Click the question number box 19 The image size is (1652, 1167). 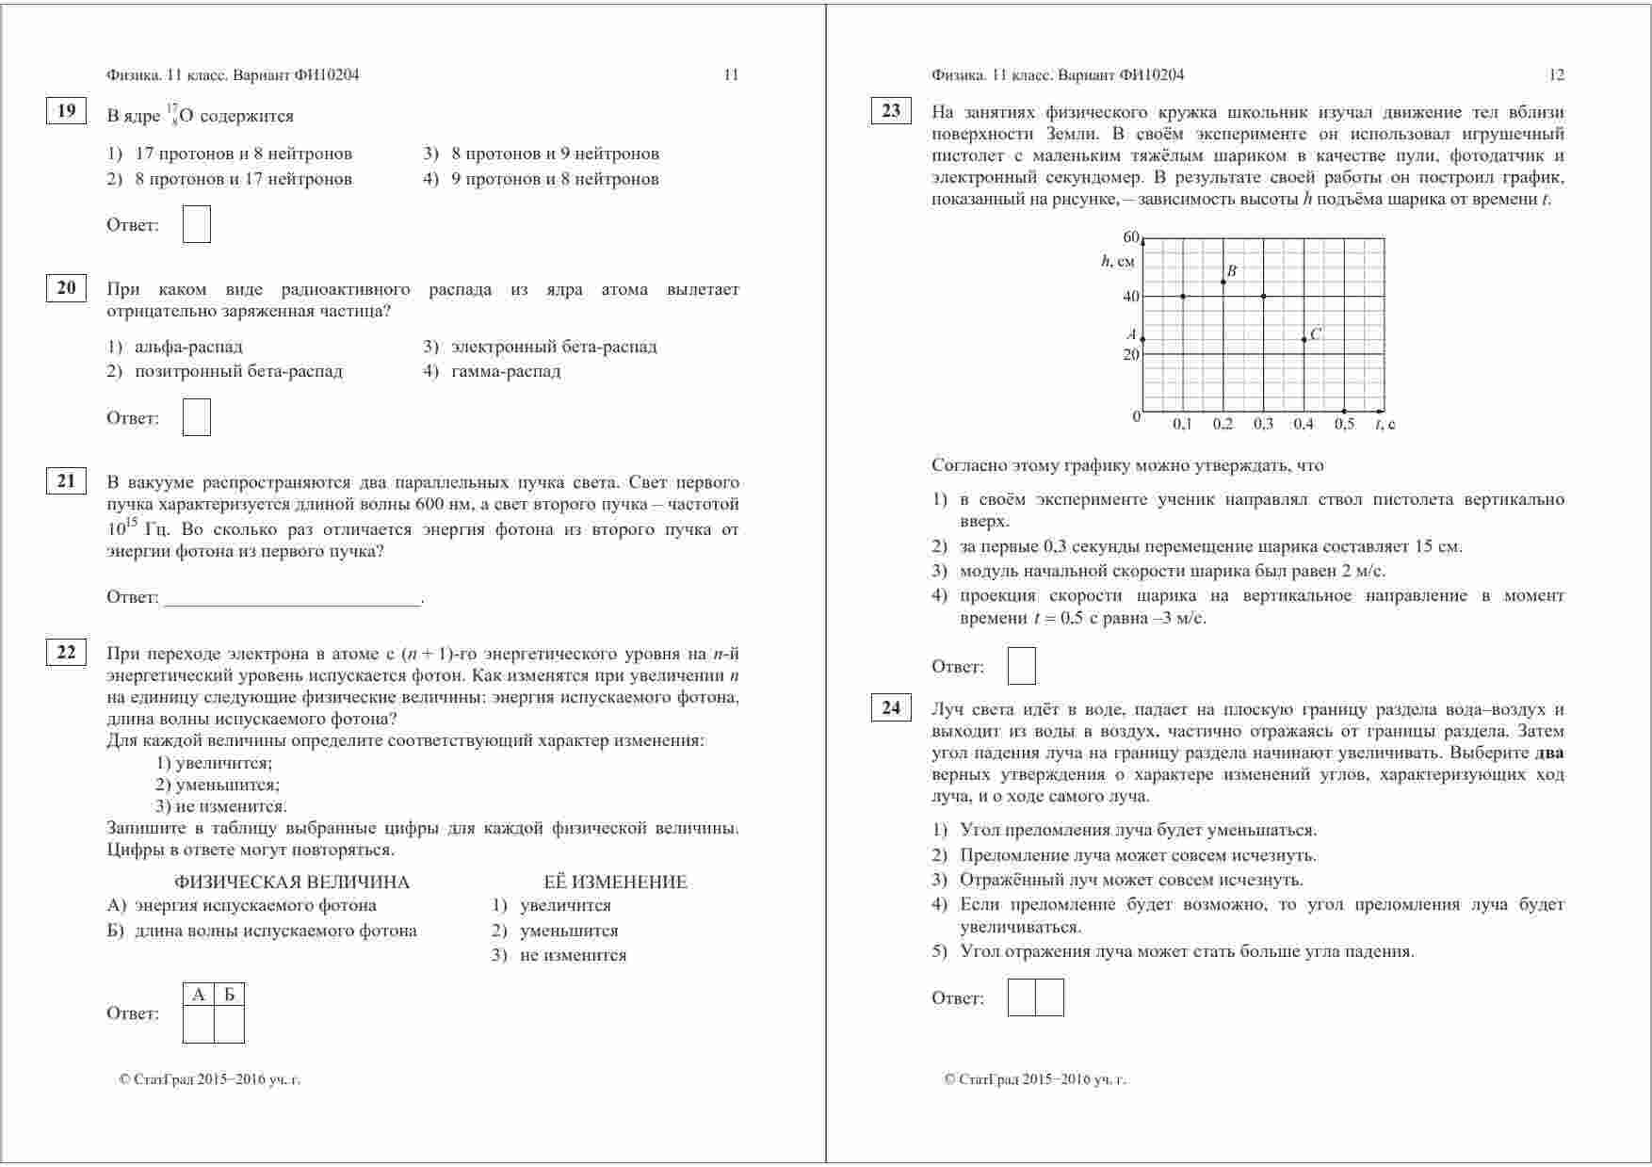[x=66, y=111]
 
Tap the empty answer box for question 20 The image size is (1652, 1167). [x=196, y=417]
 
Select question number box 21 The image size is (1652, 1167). [x=66, y=481]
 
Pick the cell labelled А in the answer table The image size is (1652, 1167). [x=198, y=995]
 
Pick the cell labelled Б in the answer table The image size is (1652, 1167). [x=230, y=995]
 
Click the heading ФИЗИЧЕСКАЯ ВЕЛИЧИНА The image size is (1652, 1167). [x=292, y=883]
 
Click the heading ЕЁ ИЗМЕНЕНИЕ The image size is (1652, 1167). [x=615, y=883]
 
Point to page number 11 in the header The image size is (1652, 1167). [x=731, y=75]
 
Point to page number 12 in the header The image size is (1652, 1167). [x=1556, y=75]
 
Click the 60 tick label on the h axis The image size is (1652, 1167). [x=1131, y=236]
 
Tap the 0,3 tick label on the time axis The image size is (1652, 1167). [x=1263, y=425]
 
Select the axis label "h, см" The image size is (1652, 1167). [x=1118, y=262]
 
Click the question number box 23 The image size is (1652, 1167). [x=891, y=111]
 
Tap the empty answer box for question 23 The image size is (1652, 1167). [x=1021, y=666]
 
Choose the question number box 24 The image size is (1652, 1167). [x=891, y=707]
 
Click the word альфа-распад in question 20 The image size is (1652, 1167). [x=188, y=347]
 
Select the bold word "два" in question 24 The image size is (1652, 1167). [x=1549, y=754]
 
